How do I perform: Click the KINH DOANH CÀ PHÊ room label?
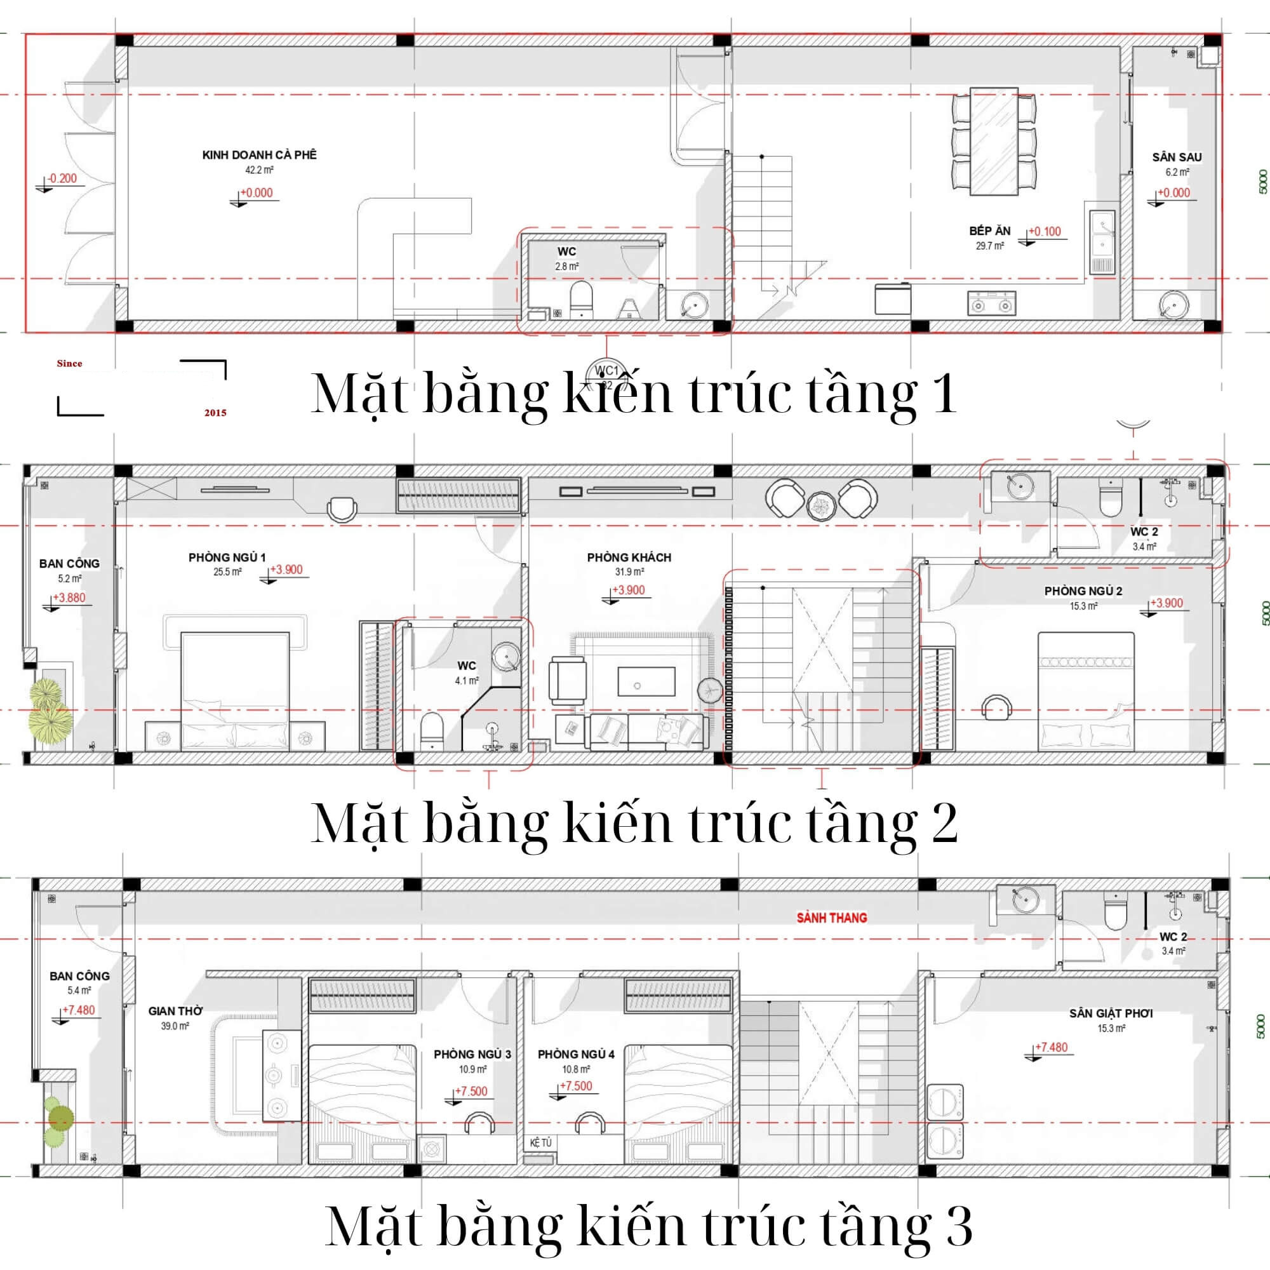[x=259, y=155]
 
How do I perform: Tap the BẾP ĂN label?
[x=989, y=231]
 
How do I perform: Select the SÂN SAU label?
[x=1177, y=157]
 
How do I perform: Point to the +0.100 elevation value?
[x=1045, y=231]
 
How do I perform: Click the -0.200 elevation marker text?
[x=62, y=178]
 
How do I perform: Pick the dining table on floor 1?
[x=994, y=142]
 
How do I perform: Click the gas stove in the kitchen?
[x=991, y=303]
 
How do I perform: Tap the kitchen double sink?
[x=1102, y=241]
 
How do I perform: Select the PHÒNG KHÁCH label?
[x=629, y=558]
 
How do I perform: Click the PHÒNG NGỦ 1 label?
[x=227, y=558]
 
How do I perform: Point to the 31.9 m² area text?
[x=629, y=572]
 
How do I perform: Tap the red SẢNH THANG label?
[x=832, y=918]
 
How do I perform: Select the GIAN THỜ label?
[x=175, y=1011]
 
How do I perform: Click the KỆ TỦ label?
[x=540, y=1143]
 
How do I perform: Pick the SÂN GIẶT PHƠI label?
[x=1111, y=1013]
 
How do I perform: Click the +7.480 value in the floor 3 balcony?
[x=79, y=1010]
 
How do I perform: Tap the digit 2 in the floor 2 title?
[x=944, y=822]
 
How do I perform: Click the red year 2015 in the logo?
[x=215, y=413]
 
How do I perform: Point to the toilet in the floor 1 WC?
[x=581, y=300]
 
